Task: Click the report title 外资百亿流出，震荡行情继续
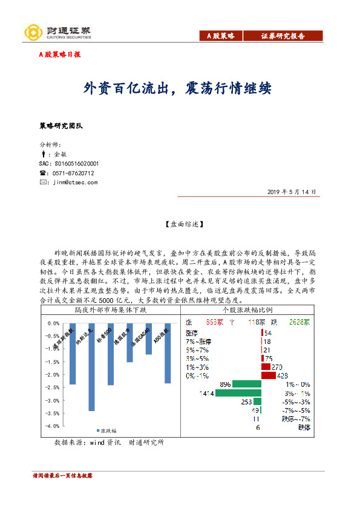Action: [177, 89]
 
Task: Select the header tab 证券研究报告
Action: [283, 36]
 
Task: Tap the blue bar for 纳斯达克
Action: [91, 367]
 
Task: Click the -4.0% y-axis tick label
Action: [53, 426]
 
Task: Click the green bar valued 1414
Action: [237, 393]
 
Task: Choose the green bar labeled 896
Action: [246, 384]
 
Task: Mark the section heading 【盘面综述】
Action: [180, 224]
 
